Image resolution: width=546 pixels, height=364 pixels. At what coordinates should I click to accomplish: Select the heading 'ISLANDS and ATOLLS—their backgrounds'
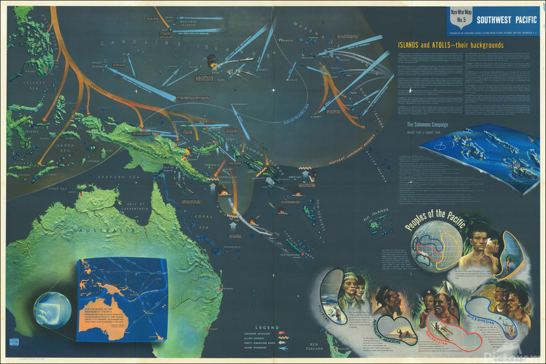point(450,45)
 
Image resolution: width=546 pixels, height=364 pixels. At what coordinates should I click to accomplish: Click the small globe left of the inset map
point(53,310)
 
